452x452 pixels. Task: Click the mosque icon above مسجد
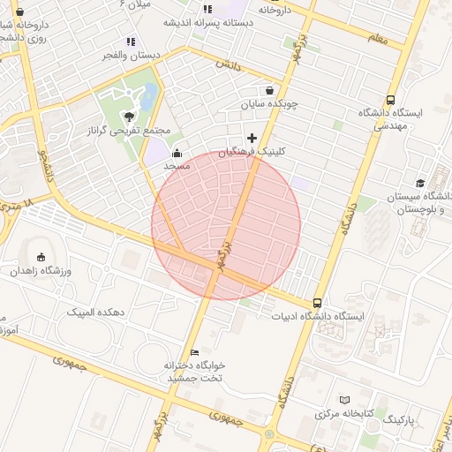coord(177,151)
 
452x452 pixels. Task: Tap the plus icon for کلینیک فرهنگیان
coord(253,137)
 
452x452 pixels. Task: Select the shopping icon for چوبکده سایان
coord(269,90)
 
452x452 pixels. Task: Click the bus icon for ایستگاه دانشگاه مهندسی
coord(391,100)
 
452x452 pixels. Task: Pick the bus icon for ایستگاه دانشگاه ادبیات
coord(318,302)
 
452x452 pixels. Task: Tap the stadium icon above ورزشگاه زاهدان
coord(41,257)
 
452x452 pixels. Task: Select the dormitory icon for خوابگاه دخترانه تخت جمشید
coord(194,353)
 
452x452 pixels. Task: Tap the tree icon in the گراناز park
coord(131,115)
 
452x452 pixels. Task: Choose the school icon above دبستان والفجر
coord(131,41)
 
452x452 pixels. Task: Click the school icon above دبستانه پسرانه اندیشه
coord(208,9)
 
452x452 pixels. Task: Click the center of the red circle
coord(226,225)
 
